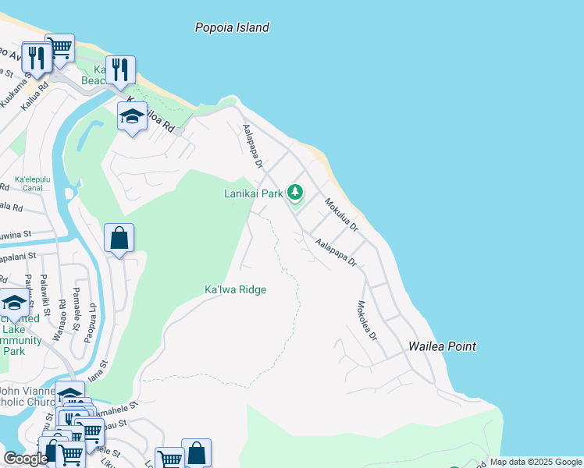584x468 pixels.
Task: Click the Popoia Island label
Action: pyautogui.click(x=232, y=27)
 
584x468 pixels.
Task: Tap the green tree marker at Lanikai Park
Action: pyautogui.click(x=294, y=191)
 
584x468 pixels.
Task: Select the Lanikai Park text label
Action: pyautogui.click(x=253, y=193)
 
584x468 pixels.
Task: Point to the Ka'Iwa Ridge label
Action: pyautogui.click(x=235, y=290)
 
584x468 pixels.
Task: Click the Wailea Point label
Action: pyautogui.click(x=443, y=346)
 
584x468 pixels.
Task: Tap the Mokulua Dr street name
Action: pyautogui.click(x=341, y=215)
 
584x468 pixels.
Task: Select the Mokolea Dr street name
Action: pyautogui.click(x=367, y=321)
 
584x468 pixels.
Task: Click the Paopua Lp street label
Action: pyautogui.click(x=91, y=321)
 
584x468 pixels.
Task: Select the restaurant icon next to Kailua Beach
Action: pyautogui.click(x=120, y=70)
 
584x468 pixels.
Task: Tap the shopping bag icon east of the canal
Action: pyautogui.click(x=119, y=238)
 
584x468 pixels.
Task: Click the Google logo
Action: pyautogui.click(x=25, y=459)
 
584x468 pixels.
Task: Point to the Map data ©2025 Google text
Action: pyautogui.click(x=535, y=462)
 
